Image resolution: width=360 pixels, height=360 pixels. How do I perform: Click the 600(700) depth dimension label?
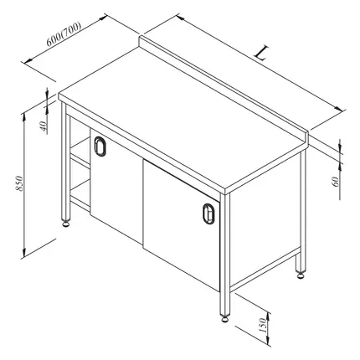tap(64, 33)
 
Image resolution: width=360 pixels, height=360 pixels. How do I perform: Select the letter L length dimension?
tap(261, 54)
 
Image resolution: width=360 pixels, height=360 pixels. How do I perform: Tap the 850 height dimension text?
tap(19, 183)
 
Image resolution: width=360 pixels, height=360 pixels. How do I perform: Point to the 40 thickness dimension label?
tap(43, 126)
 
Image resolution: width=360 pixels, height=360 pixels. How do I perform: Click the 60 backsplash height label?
tap(336, 182)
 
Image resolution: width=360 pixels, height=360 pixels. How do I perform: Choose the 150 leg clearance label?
tap(263, 326)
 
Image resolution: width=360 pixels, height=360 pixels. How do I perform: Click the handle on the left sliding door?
tap(100, 147)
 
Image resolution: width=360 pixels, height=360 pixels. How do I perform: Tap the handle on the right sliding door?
tap(208, 213)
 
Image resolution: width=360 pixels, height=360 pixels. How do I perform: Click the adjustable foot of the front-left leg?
tap(66, 224)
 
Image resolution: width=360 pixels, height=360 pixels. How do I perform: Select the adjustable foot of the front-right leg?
tap(225, 318)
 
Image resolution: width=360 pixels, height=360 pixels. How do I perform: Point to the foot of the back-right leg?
tap(301, 275)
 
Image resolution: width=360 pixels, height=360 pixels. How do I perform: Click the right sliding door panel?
tap(182, 224)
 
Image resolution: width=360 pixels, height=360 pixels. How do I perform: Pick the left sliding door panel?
tap(116, 186)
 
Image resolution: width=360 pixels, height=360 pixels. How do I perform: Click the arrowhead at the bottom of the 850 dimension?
tap(24, 253)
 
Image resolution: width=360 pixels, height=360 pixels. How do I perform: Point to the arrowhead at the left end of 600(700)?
tap(27, 61)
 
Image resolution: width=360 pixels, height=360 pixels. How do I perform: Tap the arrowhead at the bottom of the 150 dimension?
tap(269, 342)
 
